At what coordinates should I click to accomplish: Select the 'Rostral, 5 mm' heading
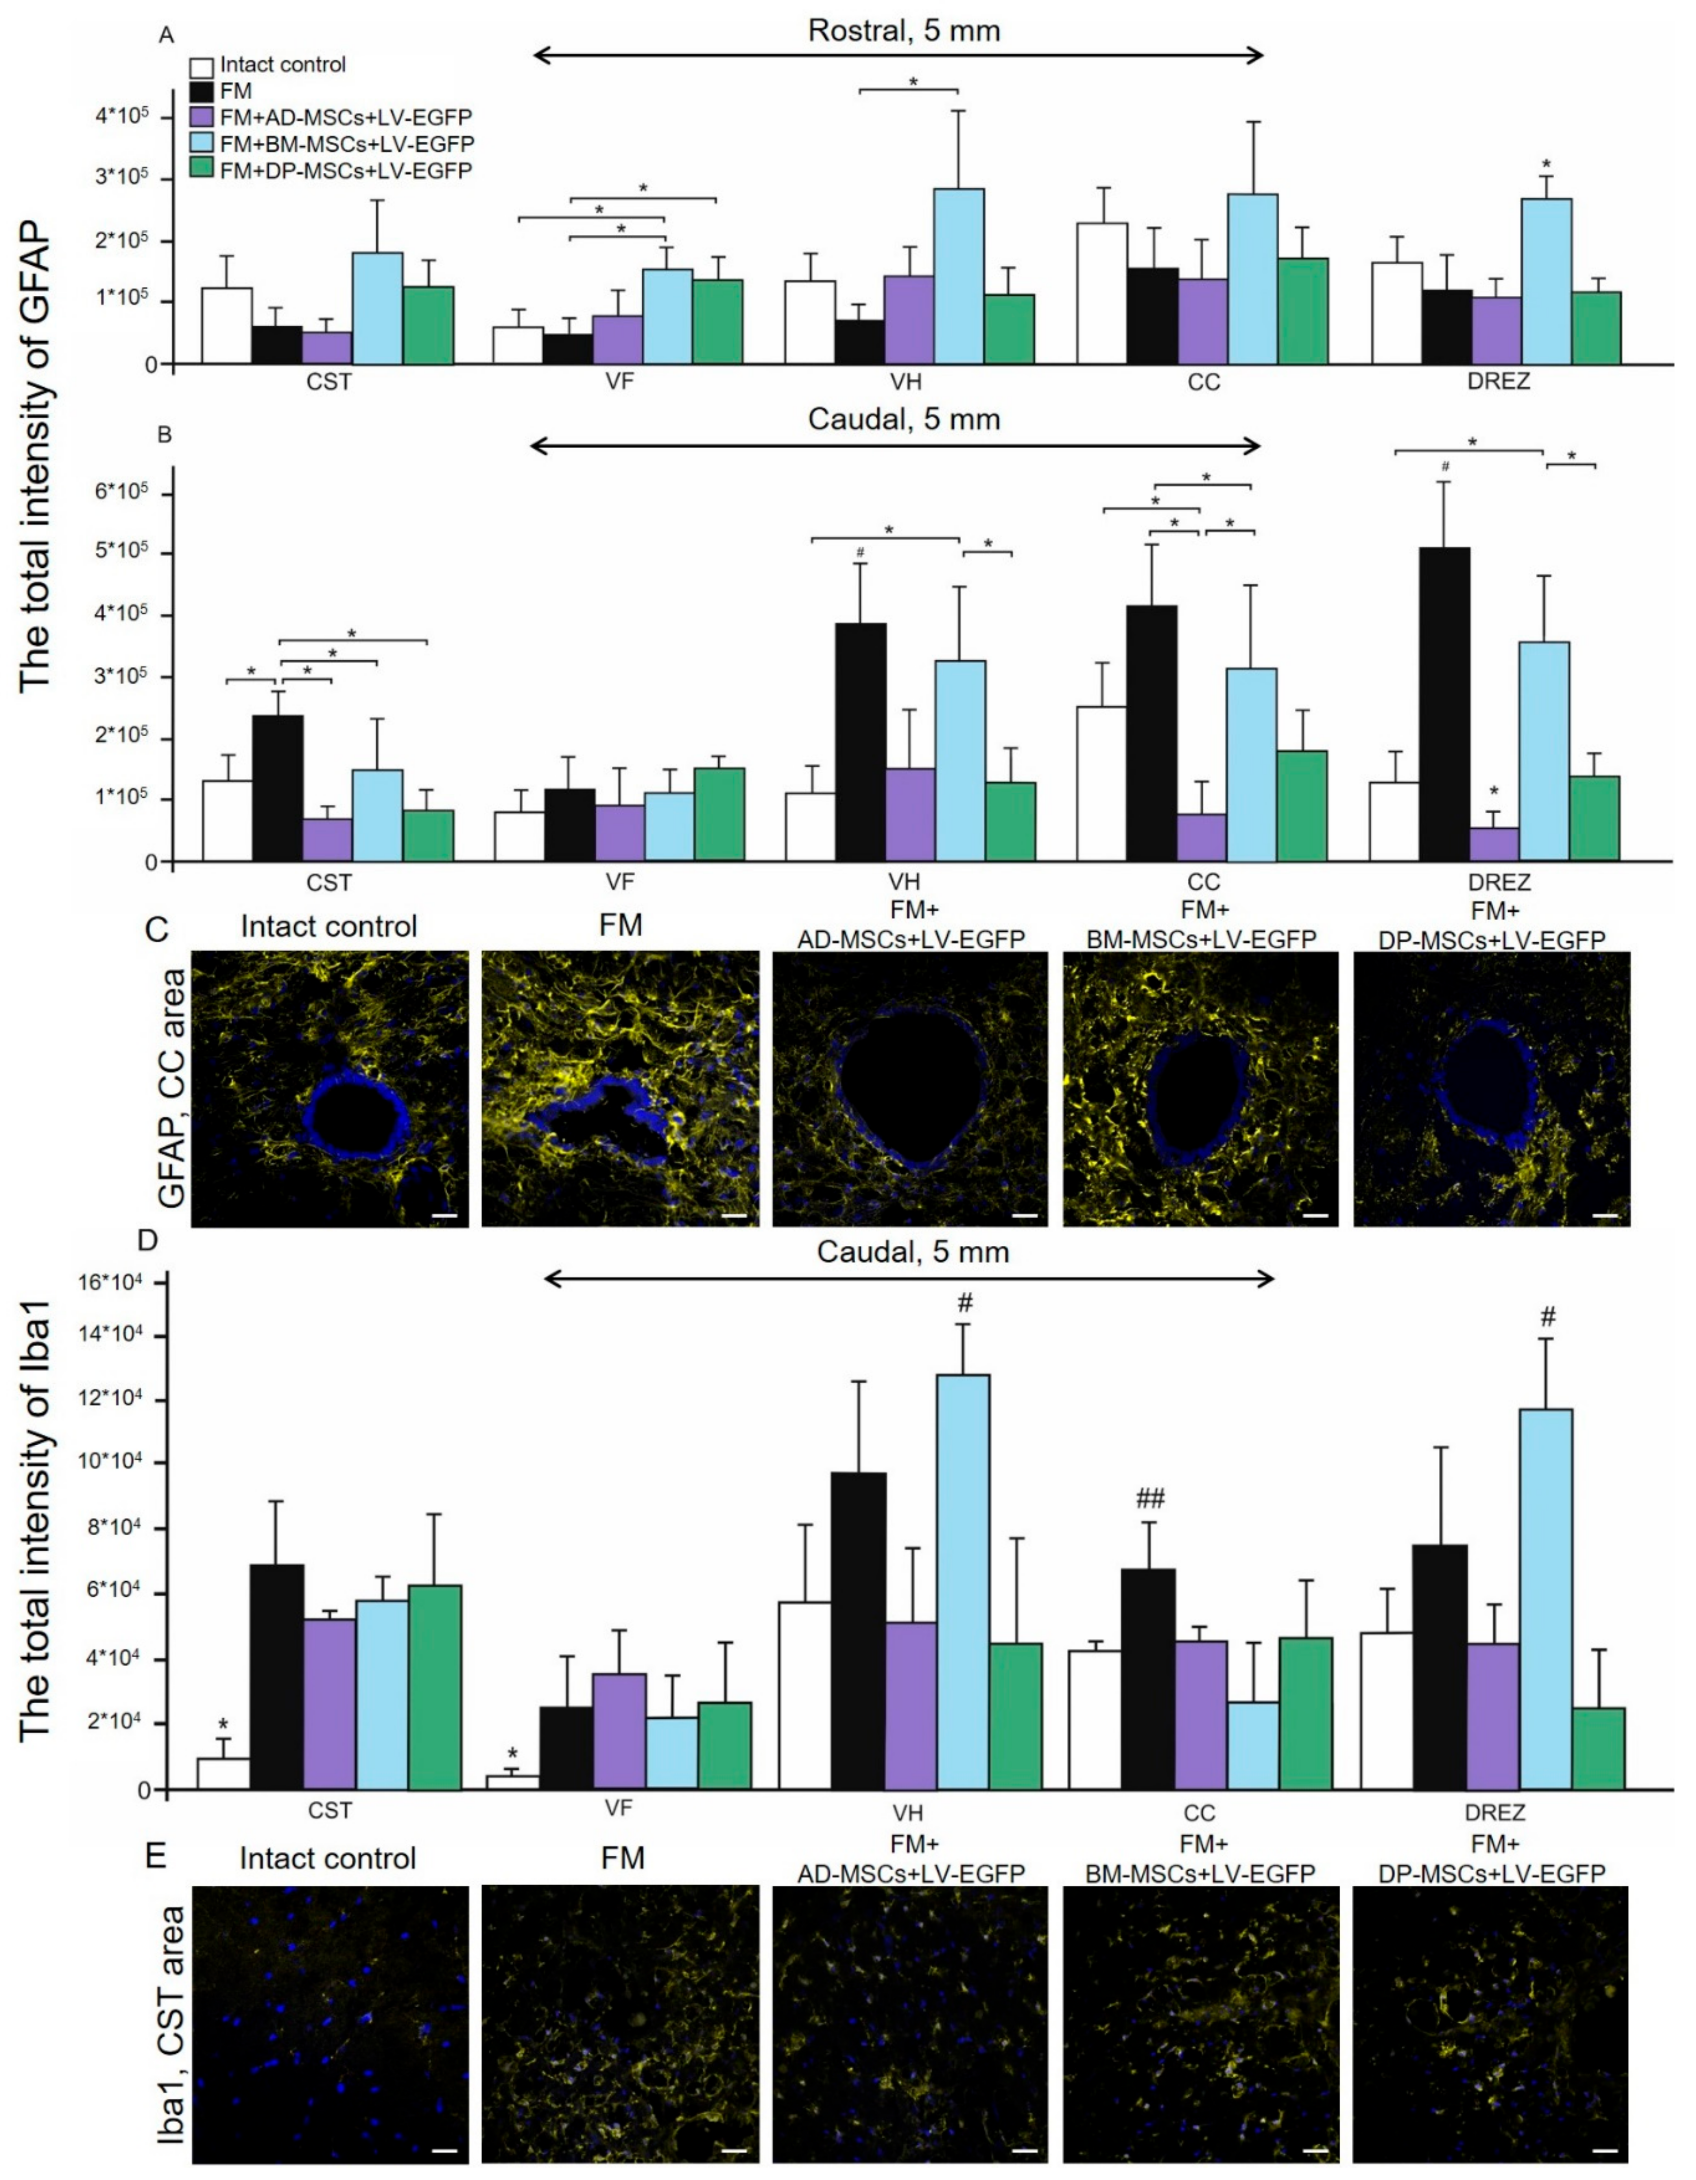coord(903,31)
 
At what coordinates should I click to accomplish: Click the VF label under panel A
coord(620,382)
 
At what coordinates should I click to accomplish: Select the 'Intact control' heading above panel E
coord(327,1859)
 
